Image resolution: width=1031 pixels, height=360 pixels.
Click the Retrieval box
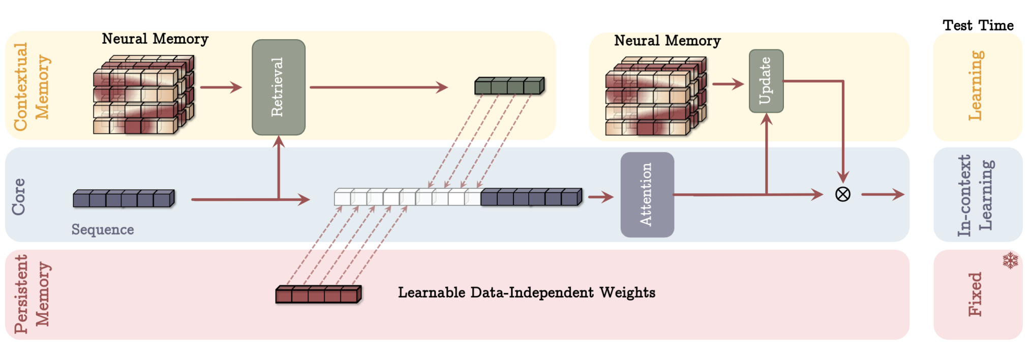(x=279, y=87)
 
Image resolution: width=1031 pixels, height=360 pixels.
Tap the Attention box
(x=647, y=194)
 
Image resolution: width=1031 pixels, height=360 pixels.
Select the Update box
(x=766, y=81)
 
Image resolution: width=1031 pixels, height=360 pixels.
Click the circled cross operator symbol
(x=843, y=194)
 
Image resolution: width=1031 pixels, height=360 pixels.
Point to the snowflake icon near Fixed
(x=1010, y=260)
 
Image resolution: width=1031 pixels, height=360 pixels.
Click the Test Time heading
(x=978, y=25)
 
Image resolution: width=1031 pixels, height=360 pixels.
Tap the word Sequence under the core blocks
(x=103, y=230)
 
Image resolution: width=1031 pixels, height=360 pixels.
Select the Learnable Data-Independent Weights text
(x=527, y=292)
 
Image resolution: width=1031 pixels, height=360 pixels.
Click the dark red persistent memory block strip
(x=319, y=294)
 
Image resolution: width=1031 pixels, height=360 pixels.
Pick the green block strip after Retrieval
(x=509, y=85)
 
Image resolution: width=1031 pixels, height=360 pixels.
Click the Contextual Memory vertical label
(x=32, y=86)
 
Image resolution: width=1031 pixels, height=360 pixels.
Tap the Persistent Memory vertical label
(x=32, y=294)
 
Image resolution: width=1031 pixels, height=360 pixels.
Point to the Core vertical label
(x=18, y=196)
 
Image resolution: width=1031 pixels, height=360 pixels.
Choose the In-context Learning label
(x=975, y=195)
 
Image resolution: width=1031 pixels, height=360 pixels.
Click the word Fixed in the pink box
(x=975, y=294)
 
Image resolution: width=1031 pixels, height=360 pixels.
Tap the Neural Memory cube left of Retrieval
(x=144, y=95)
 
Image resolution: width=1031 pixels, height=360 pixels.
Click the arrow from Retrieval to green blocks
(x=379, y=87)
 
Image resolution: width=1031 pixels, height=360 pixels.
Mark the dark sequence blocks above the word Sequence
(x=124, y=198)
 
